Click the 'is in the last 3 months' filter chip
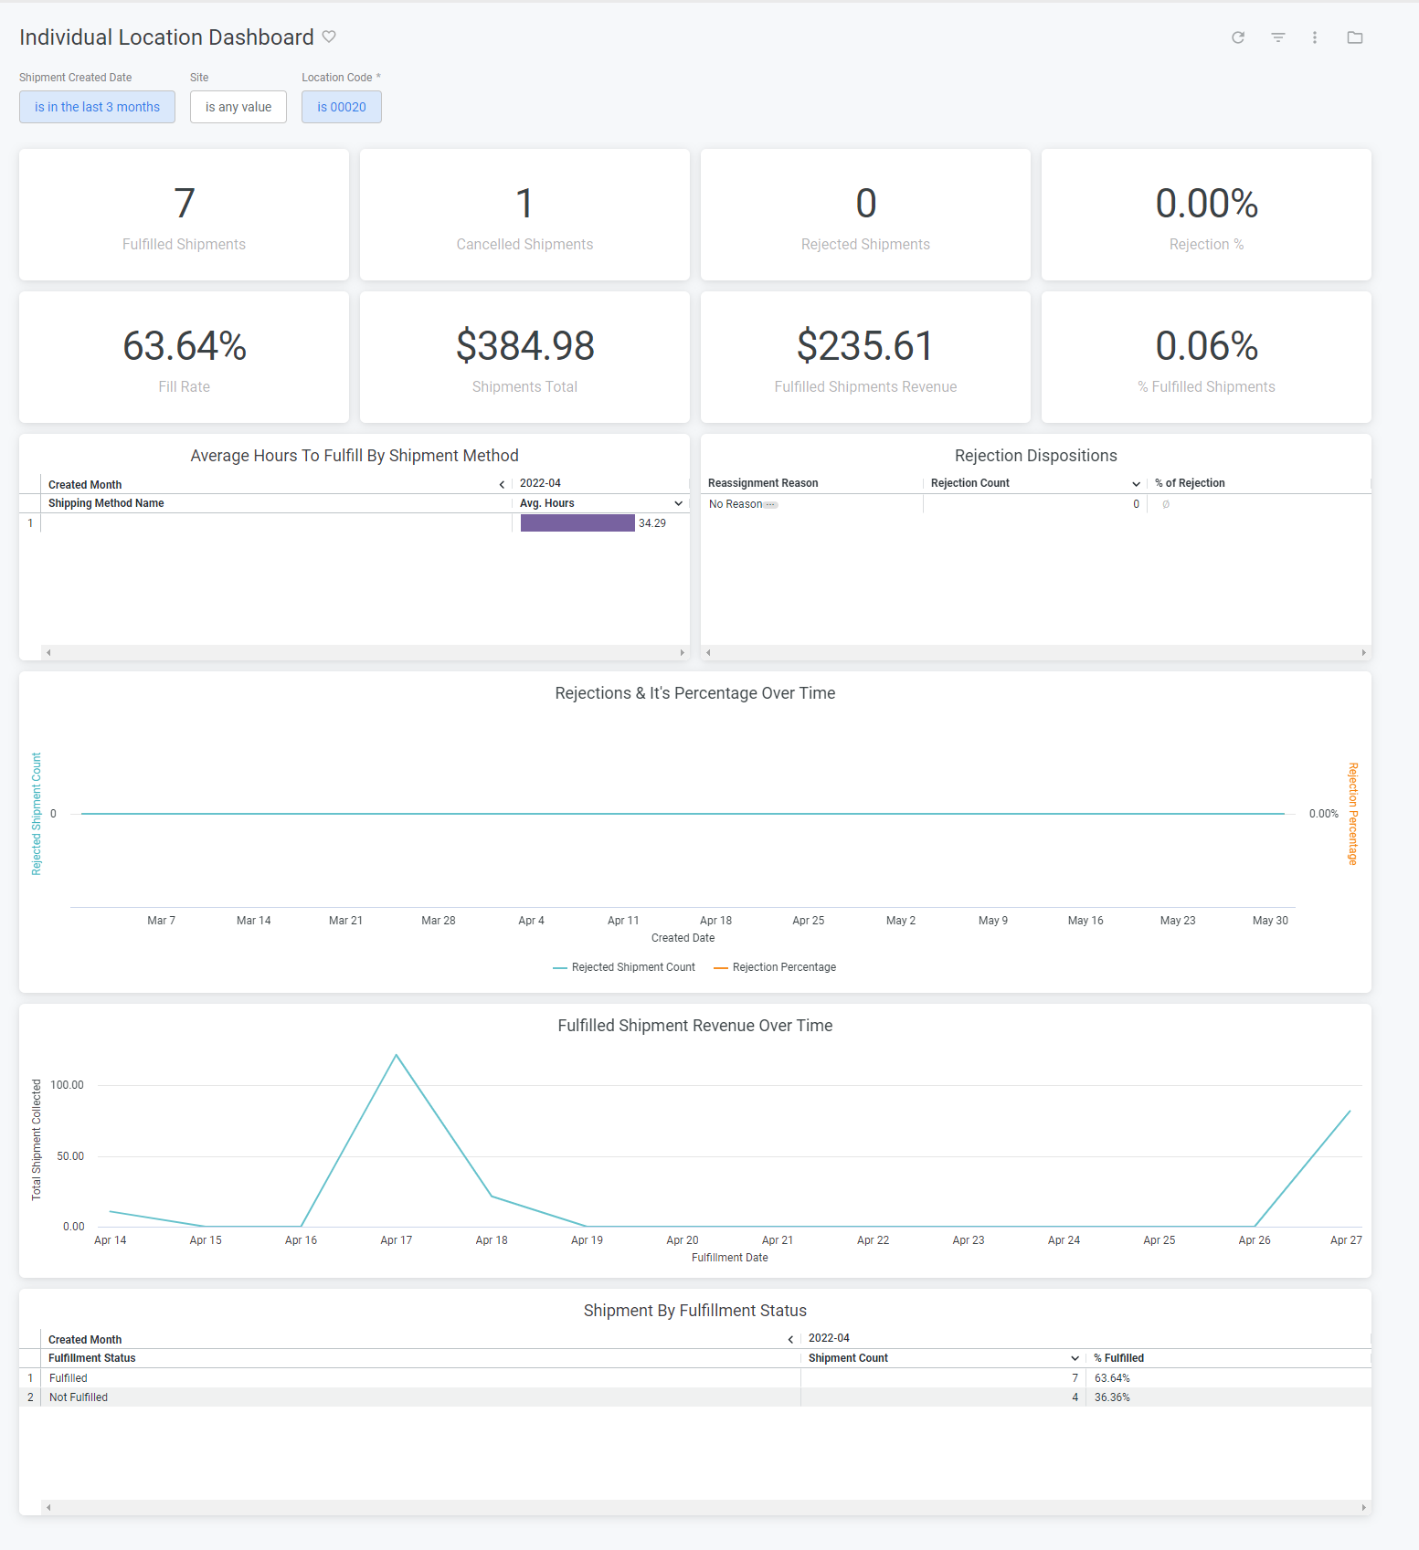(x=97, y=107)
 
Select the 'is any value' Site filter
(x=238, y=107)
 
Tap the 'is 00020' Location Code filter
(x=341, y=107)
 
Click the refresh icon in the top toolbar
(x=1237, y=37)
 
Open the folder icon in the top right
(x=1354, y=37)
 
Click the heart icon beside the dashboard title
(x=329, y=37)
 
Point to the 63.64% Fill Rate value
(x=185, y=346)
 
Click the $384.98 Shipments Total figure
(x=524, y=346)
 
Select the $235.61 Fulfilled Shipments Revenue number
(x=864, y=346)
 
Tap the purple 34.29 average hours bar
(x=577, y=523)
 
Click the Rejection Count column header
(x=969, y=483)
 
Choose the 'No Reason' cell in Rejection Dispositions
(x=736, y=504)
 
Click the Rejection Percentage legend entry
(x=783, y=967)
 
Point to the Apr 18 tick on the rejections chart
(x=715, y=921)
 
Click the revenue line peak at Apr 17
(x=396, y=1056)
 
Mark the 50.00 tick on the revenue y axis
(x=70, y=1156)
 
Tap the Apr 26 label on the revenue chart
(x=1254, y=1240)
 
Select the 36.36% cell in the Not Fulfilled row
(x=1112, y=1397)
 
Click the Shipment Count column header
(x=848, y=1358)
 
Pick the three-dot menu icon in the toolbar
(x=1314, y=37)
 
